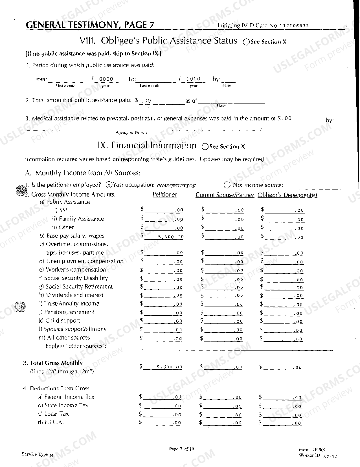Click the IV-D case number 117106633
[294, 26]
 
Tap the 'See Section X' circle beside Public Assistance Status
[246, 42]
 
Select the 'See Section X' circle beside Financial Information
[205, 147]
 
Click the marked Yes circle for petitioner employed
[109, 185]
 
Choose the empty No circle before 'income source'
[227, 185]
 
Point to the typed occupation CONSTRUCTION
[176, 186]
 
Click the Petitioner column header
[165, 195]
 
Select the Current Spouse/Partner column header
[225, 195]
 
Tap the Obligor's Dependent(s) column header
[287, 195]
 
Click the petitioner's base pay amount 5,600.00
[171, 237]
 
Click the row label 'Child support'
[62, 321]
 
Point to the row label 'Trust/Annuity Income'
[72, 304]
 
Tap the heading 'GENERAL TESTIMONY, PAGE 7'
[90, 25]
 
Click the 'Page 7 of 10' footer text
[181, 449]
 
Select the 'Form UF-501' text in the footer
[312, 450]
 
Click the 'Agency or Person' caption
[131, 133]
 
